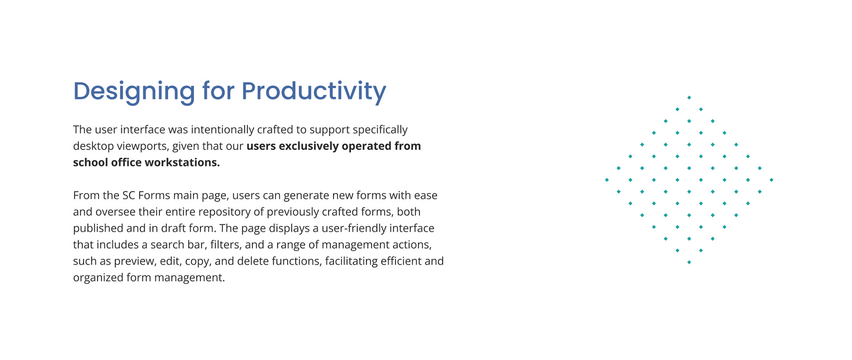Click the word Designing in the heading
point(134,92)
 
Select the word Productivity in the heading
point(314,92)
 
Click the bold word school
point(91,162)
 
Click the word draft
point(173,228)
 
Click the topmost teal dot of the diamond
point(689,98)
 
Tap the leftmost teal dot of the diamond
point(607,180)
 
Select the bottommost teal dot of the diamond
point(689,262)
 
